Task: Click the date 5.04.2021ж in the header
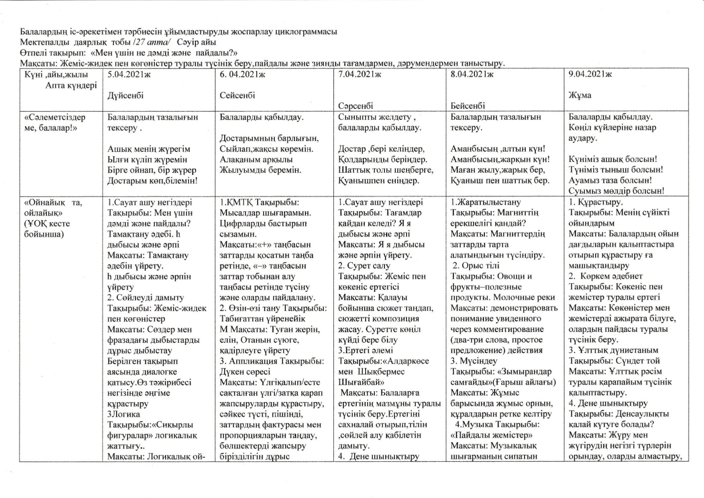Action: (128, 74)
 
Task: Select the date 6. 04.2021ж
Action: (242, 74)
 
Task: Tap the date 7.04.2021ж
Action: (360, 74)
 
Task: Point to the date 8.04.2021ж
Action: (472, 74)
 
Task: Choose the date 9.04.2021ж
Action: (590, 74)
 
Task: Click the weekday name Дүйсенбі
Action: (125, 95)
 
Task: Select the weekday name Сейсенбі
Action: (237, 95)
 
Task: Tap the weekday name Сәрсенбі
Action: (356, 106)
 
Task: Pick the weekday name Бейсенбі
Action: (468, 106)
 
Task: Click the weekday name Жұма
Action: (580, 95)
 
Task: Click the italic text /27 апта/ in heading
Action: (151, 42)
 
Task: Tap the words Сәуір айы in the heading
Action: (196, 42)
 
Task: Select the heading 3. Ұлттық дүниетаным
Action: (613, 350)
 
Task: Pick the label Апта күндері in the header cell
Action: (71, 85)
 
